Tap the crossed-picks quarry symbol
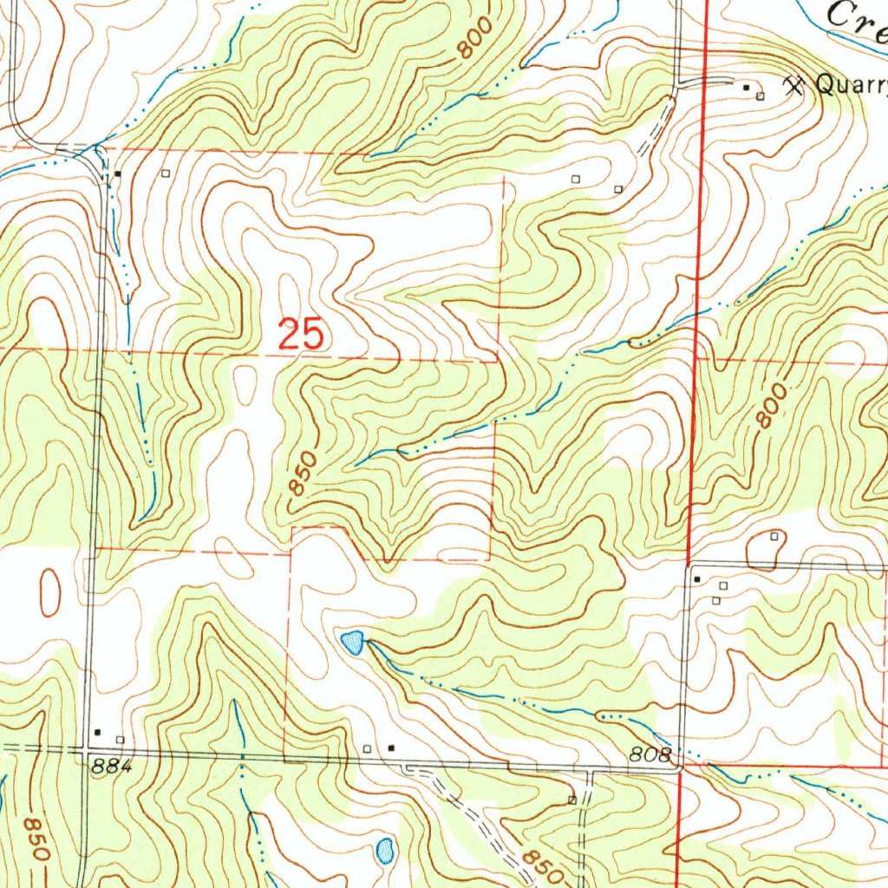tap(793, 84)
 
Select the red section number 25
tap(301, 334)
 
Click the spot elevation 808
tap(650, 756)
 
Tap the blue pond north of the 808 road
tap(352, 643)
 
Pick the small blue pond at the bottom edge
tap(385, 849)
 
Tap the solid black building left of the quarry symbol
tap(746, 88)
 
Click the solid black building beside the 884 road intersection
tap(97, 731)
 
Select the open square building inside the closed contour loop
tap(774, 538)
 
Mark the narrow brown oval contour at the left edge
tap(50, 592)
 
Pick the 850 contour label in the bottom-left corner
tap(35, 837)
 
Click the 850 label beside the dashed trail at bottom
tap(536, 861)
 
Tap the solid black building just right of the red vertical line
tap(696, 578)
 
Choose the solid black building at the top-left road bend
tap(118, 174)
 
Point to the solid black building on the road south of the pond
tap(391, 747)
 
